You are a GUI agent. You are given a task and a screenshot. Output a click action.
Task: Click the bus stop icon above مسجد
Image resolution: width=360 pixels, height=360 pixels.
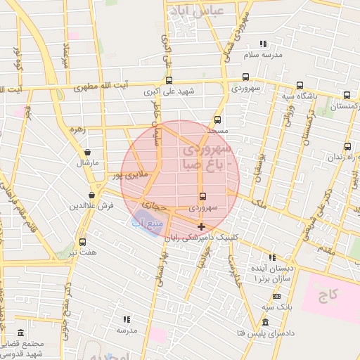[217, 120]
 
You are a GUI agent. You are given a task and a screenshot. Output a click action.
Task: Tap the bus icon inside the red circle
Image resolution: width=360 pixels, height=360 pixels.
[203, 196]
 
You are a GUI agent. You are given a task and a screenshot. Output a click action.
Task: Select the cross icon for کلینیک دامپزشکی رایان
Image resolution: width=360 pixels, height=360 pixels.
[202, 226]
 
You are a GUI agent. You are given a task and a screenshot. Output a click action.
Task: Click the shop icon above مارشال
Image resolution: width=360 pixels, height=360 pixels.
[87, 152]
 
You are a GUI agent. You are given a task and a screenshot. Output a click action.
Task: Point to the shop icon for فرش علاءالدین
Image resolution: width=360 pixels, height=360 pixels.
[92, 195]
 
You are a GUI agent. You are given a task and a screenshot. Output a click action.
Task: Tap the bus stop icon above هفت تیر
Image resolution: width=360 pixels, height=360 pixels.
[83, 241]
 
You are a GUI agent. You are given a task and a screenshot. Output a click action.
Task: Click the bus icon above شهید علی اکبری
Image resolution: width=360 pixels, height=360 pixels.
[169, 80]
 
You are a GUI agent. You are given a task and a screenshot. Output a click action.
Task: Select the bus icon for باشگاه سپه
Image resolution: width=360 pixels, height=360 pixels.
[300, 84]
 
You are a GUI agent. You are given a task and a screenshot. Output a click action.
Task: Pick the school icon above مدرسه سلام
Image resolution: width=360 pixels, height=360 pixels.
[263, 44]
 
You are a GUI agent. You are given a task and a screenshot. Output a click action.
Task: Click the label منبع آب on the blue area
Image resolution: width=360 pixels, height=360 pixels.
[148, 224]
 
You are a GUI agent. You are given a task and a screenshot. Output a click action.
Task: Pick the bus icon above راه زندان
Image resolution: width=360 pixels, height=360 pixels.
[347, 146]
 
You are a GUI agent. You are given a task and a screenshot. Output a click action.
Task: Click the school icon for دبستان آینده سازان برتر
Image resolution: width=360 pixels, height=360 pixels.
[272, 257]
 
